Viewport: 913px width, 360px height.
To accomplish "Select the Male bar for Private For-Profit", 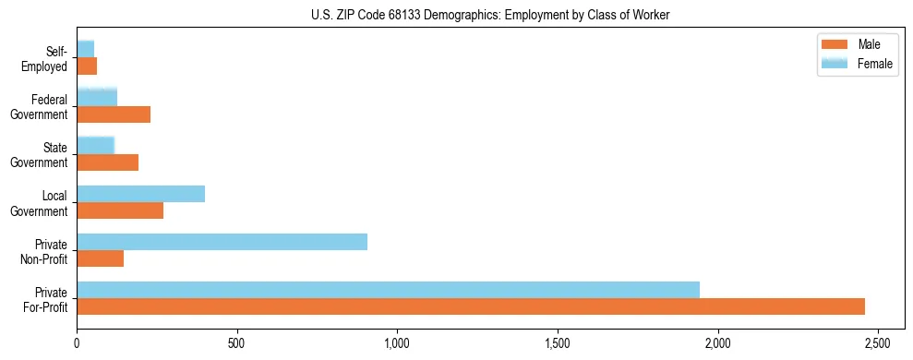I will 471,306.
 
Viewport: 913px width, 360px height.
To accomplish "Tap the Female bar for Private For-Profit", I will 388,289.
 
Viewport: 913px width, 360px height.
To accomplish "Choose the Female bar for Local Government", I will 140,194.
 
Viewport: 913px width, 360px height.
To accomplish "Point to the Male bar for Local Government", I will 120,210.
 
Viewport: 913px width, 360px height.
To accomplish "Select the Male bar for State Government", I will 107,162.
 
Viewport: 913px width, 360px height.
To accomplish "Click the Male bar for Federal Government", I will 114,114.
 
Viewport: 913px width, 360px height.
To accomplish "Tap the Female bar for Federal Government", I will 97,97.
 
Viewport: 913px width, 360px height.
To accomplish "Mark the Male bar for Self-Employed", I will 87,66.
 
